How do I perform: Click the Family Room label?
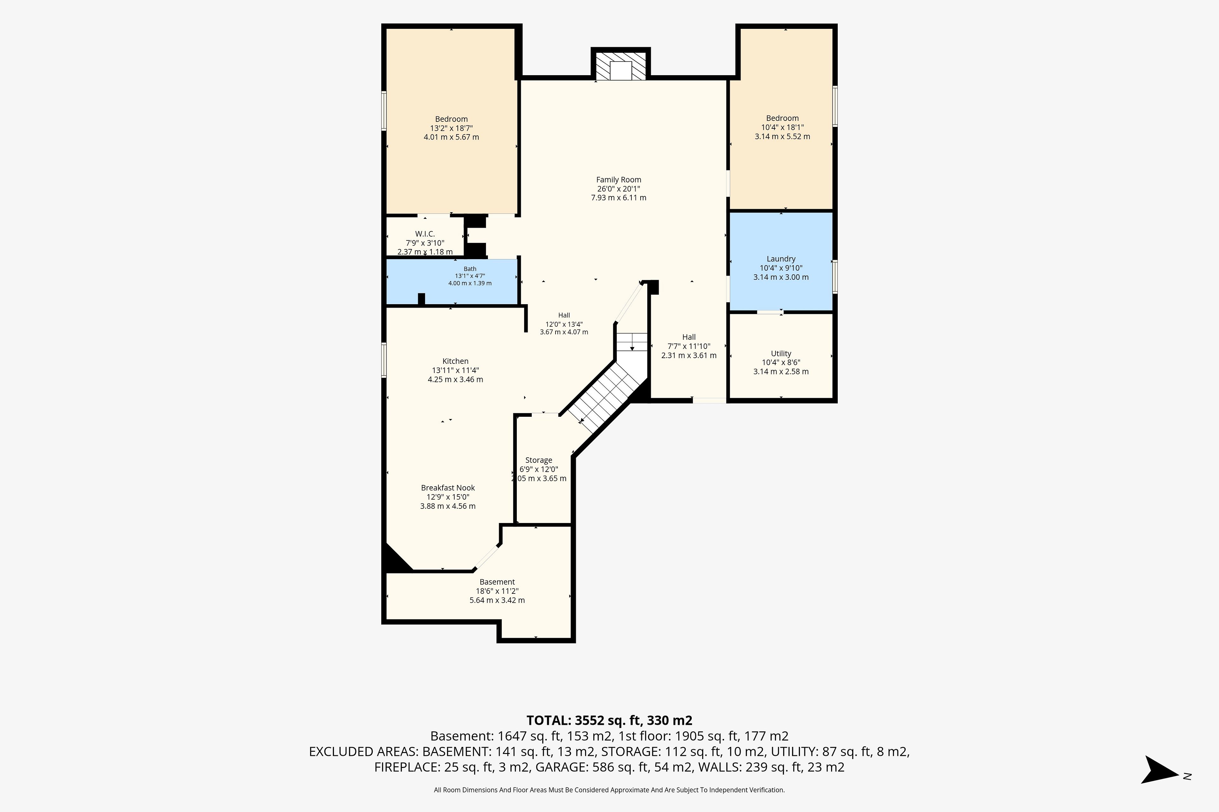pos(618,180)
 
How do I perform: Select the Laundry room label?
pos(781,259)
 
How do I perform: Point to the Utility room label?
pos(781,354)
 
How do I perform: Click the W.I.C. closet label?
pos(425,234)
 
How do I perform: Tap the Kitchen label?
pos(456,362)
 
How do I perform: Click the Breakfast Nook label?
pos(448,488)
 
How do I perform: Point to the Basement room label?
pos(497,582)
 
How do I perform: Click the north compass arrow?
pos(1159,770)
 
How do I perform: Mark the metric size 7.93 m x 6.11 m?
pos(618,198)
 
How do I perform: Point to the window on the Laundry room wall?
pos(835,277)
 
